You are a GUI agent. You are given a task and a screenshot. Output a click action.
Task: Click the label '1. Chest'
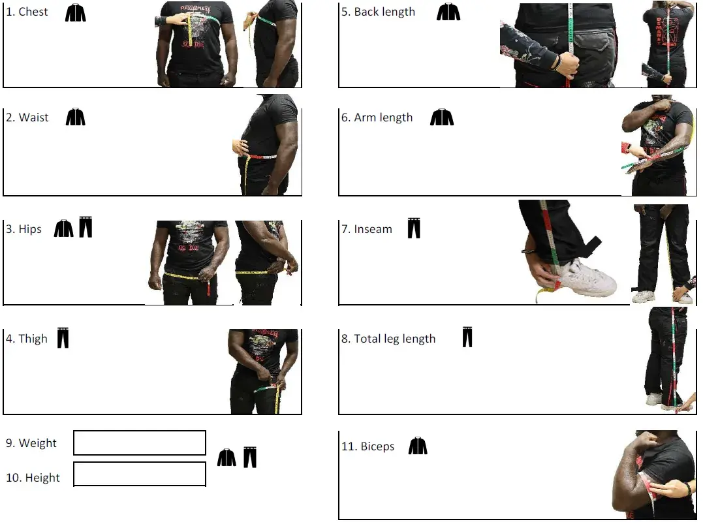[x=27, y=12]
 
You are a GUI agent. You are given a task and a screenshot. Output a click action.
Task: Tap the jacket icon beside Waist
[x=75, y=117]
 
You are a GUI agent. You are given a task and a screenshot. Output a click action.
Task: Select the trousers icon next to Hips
[x=86, y=226]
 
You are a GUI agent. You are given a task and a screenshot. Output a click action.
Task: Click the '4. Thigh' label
[x=27, y=339]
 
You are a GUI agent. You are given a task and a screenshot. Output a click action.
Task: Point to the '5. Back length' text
[x=378, y=12]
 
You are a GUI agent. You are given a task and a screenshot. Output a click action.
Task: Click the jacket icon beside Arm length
[x=442, y=117]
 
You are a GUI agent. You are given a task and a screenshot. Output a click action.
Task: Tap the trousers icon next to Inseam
[x=414, y=228]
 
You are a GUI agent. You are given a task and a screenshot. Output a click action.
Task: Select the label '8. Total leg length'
[x=388, y=339]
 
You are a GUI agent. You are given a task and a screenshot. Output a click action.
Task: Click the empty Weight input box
[x=140, y=443]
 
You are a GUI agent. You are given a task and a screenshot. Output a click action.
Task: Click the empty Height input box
[x=140, y=474]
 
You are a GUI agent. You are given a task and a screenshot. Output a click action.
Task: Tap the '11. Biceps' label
[x=368, y=446]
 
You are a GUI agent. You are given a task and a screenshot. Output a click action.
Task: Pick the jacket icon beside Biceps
[x=418, y=446]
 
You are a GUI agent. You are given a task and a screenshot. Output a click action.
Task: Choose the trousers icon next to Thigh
[x=63, y=338]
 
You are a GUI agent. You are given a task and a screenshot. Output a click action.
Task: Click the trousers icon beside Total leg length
[x=467, y=337]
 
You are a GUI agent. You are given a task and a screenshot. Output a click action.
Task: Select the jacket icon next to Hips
[x=64, y=228]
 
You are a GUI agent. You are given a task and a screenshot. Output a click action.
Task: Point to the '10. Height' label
[x=33, y=478]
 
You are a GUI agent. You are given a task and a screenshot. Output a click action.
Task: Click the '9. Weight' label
[x=31, y=443]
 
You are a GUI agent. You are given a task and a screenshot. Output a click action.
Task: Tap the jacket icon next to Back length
[x=448, y=12]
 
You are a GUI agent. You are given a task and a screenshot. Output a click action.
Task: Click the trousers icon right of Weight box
[x=250, y=457]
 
